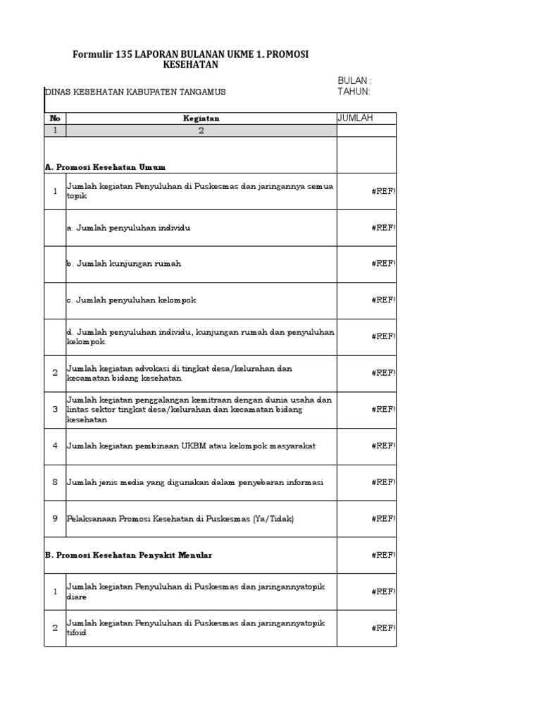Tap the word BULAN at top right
[x=352, y=81]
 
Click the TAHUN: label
[x=354, y=92]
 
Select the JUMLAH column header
[x=356, y=118]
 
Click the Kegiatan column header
[x=201, y=118]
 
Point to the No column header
[x=55, y=118]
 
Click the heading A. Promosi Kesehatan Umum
[x=105, y=167]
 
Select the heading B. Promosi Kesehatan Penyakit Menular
[x=128, y=555]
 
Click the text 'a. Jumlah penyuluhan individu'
[x=128, y=228]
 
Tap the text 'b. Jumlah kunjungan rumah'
[x=124, y=264]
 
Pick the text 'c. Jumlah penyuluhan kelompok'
[x=131, y=300]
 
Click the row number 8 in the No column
[x=55, y=482]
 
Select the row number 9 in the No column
[x=55, y=518]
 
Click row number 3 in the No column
[x=55, y=409]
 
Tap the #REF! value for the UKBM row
[x=384, y=446]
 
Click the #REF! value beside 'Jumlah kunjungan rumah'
[x=384, y=264]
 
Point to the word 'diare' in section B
[x=76, y=596]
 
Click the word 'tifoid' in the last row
[x=77, y=632]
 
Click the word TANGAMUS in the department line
[x=201, y=92]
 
